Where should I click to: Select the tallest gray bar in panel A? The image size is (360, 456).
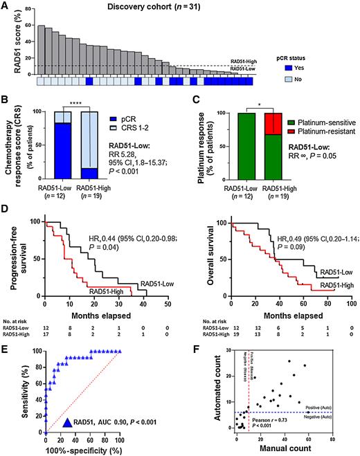pos(42,50)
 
